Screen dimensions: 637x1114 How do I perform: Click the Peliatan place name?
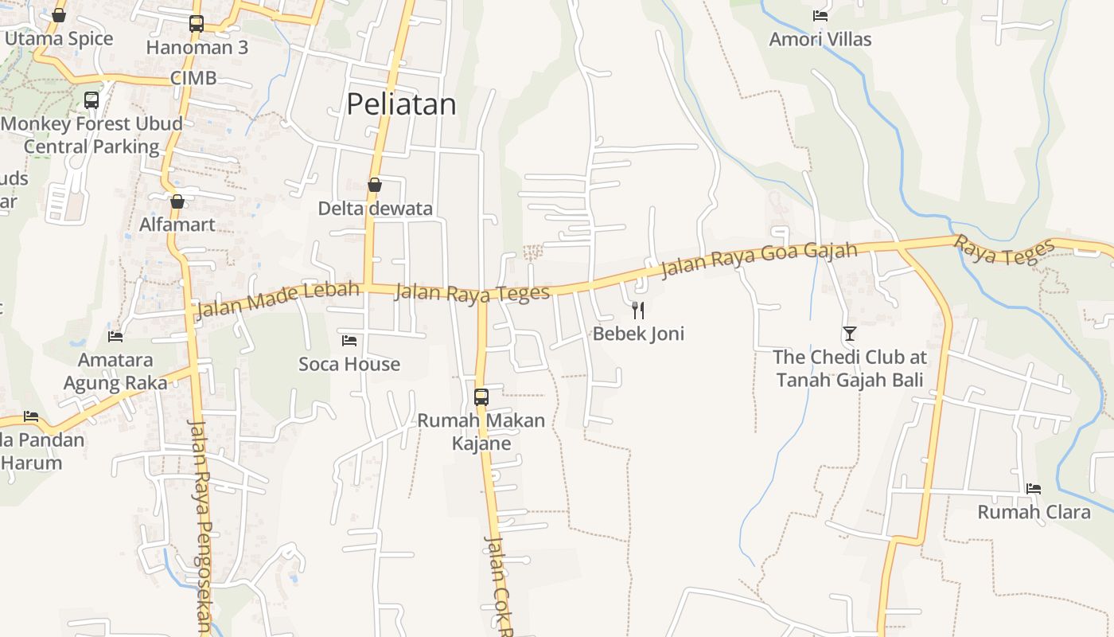pyautogui.click(x=401, y=104)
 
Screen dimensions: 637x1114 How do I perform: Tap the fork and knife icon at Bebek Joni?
pyautogui.click(x=637, y=310)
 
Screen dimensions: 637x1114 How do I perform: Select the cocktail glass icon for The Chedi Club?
pyautogui.click(x=850, y=333)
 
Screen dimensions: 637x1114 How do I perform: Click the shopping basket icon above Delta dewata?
pyautogui.click(x=375, y=185)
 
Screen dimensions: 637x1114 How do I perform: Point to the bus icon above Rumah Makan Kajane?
pyautogui.click(x=481, y=397)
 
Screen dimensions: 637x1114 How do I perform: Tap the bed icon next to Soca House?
pyautogui.click(x=349, y=341)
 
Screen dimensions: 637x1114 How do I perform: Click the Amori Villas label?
pyautogui.click(x=820, y=39)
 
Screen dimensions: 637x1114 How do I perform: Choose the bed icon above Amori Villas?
pyautogui.click(x=820, y=15)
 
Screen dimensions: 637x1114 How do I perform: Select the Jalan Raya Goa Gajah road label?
pyautogui.click(x=759, y=259)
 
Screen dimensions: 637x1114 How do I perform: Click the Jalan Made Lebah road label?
pyautogui.click(x=278, y=298)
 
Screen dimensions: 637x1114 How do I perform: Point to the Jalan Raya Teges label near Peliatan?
pyautogui.click(x=472, y=292)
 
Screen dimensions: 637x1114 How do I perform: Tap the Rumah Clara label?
pyautogui.click(x=1034, y=511)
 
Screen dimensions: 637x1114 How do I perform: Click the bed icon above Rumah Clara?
pyautogui.click(x=1033, y=488)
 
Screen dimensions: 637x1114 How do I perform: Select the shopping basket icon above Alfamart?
pyautogui.click(x=177, y=201)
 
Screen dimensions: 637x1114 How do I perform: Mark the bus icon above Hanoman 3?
pyautogui.click(x=197, y=24)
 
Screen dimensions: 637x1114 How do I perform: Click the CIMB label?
pyautogui.click(x=193, y=78)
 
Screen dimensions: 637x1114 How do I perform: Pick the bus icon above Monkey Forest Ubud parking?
pyautogui.click(x=92, y=100)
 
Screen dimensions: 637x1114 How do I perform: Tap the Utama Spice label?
pyautogui.click(x=59, y=38)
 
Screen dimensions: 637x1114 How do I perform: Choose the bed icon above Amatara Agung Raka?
pyautogui.click(x=115, y=336)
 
